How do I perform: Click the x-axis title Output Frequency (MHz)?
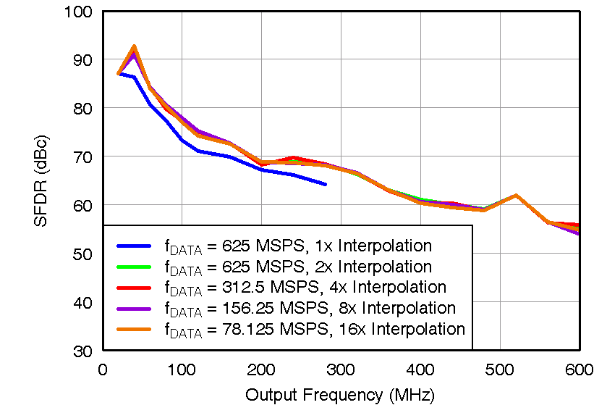pos(340,395)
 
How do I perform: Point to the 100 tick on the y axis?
pos(78,12)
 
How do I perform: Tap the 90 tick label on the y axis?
pos(83,59)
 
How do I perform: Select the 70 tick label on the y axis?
pos(83,156)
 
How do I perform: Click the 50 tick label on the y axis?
pos(83,254)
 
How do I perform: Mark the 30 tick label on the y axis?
pos(83,351)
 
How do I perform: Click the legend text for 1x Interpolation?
pos(298,246)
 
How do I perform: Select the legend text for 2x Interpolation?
pos(298,267)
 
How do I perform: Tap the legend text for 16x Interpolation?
pos(314,330)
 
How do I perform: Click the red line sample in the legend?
pos(134,288)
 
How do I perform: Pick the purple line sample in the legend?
pos(134,309)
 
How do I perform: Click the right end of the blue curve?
pos(326,185)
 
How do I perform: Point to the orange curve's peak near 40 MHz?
pos(135,46)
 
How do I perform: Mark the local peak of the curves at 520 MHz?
pos(516,195)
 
